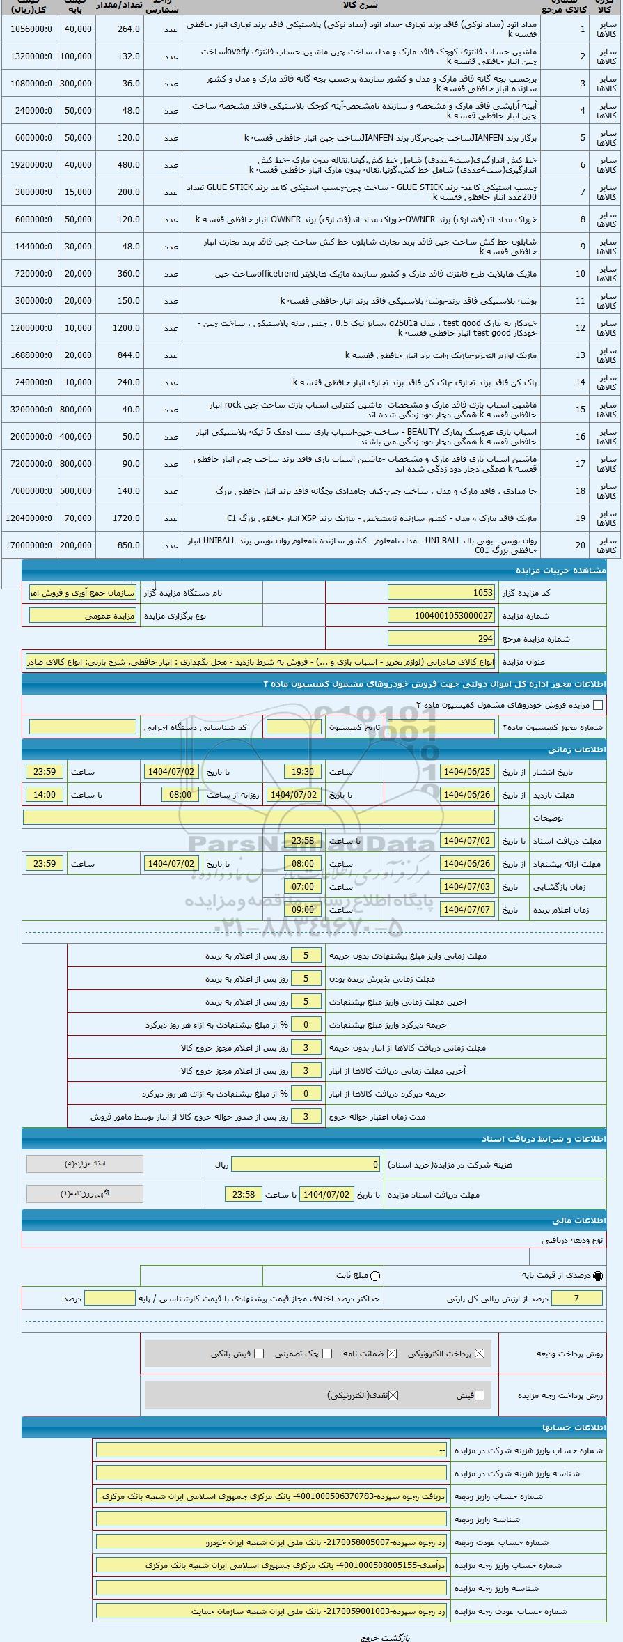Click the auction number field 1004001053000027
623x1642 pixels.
click(x=441, y=616)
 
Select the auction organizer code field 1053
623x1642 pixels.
click(x=441, y=593)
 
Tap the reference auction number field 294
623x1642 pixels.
click(x=441, y=638)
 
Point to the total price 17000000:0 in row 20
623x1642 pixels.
click(x=29, y=545)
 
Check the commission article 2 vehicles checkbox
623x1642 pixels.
click(x=597, y=705)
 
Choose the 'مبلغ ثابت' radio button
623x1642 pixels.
click(x=376, y=1276)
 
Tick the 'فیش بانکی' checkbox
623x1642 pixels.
click(x=259, y=1354)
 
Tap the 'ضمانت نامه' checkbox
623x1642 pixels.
click(x=392, y=1354)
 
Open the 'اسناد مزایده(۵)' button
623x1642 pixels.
click(x=85, y=1164)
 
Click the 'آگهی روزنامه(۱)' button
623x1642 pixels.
click(x=85, y=1194)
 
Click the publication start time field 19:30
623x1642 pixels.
click(x=303, y=772)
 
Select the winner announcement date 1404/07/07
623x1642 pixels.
click(x=468, y=910)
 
